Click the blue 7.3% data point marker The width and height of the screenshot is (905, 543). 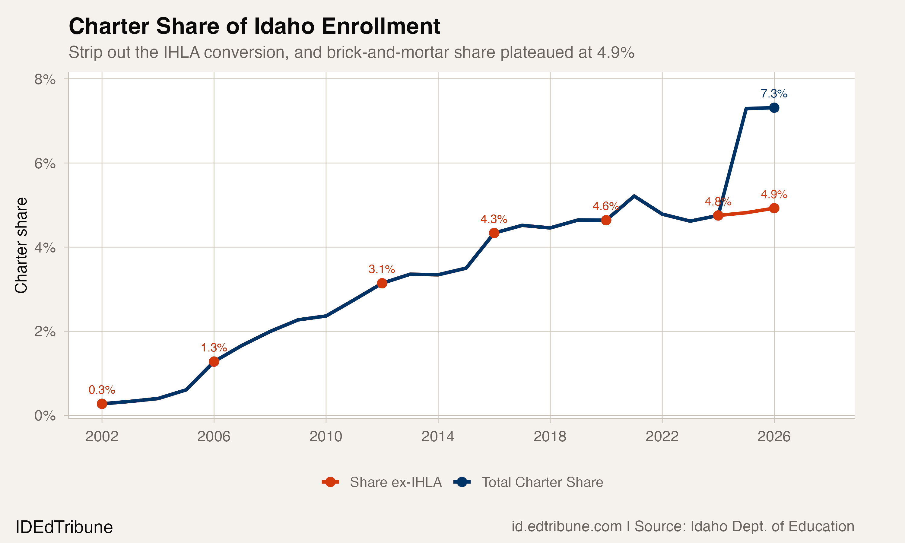[774, 108]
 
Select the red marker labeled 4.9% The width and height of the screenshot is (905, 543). [774, 208]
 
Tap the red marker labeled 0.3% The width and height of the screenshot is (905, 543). [102, 404]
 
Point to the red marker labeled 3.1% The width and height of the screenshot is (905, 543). [382, 283]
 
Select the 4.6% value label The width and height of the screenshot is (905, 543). [605, 206]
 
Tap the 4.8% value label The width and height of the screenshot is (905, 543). [718, 202]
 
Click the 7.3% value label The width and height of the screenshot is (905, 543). [774, 94]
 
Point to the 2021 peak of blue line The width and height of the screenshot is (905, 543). [634, 196]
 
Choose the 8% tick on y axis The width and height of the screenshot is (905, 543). [45, 79]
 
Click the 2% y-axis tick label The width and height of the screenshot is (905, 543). [45, 332]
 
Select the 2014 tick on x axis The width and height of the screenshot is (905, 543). [437, 436]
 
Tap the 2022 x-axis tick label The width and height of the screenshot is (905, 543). [662, 436]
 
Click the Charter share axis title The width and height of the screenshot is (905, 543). [21, 245]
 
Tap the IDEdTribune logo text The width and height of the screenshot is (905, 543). [64, 527]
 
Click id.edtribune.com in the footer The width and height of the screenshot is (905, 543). [566, 526]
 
